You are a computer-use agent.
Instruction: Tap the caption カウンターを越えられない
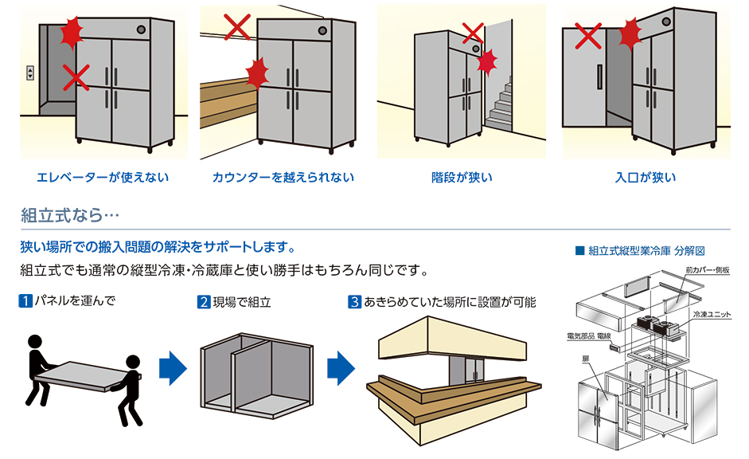[x=283, y=178]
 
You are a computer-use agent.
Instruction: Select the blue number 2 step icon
[x=204, y=302]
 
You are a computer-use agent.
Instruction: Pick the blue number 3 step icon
[x=355, y=302]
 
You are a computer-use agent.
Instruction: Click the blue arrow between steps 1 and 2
[x=173, y=369]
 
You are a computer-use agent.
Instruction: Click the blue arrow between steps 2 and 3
[x=341, y=369]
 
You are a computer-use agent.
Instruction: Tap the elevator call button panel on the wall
[x=30, y=73]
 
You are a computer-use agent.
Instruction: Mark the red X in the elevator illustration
[x=76, y=77]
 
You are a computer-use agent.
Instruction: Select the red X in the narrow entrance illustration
[x=587, y=35]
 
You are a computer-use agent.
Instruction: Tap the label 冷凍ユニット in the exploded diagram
[x=712, y=315]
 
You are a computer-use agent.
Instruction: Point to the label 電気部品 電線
[x=588, y=336]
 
